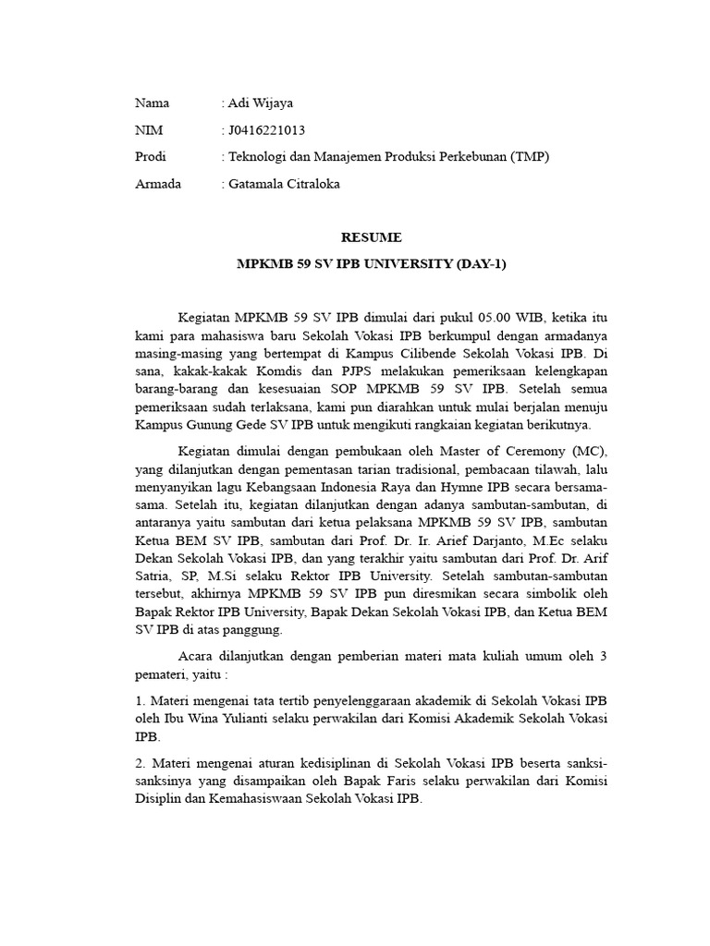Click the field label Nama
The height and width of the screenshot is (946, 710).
(x=152, y=103)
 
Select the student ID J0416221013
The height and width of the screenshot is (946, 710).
(x=266, y=130)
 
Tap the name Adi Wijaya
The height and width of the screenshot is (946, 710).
(x=261, y=103)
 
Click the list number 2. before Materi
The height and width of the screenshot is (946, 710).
(x=141, y=764)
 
